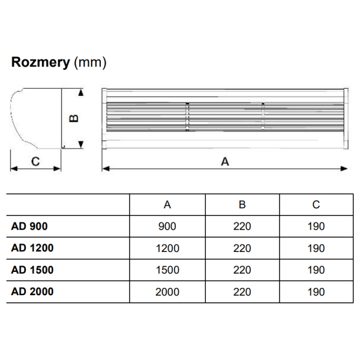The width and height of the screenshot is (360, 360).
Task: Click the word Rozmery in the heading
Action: [40, 62]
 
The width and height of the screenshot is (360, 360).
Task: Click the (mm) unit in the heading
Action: [90, 62]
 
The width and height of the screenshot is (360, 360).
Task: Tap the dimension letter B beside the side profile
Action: [74, 118]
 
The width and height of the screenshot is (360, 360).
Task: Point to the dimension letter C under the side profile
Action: [35, 161]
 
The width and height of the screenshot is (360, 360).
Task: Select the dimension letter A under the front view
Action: [225, 161]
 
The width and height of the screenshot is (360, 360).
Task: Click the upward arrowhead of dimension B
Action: [80, 92]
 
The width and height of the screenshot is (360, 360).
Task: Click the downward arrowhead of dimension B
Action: [80, 145]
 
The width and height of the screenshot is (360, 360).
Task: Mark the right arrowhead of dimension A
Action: [344, 169]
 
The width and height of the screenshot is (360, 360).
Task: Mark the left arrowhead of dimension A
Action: [106, 169]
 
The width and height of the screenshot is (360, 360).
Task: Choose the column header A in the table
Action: [167, 205]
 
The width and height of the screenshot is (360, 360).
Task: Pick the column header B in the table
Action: [242, 205]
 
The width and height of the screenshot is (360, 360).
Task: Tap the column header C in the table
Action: [316, 205]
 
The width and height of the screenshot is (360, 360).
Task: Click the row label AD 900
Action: [29, 226]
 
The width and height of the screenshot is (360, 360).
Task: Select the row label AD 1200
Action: [32, 248]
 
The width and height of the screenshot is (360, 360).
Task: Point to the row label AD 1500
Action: [32, 270]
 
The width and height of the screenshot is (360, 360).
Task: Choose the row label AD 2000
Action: [32, 292]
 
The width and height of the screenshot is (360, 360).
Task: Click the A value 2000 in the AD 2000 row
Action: [167, 292]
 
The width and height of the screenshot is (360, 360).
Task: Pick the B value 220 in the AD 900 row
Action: [242, 227]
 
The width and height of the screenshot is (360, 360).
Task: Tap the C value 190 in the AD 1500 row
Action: [316, 270]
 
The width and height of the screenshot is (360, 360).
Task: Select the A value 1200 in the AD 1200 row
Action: [167, 248]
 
